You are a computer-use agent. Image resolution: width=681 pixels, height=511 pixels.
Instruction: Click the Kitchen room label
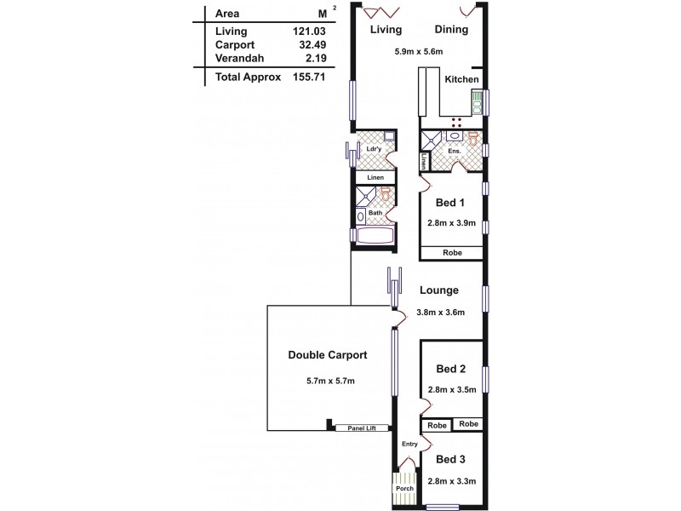pos(461,80)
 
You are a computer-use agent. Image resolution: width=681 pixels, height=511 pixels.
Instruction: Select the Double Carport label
pos(327,355)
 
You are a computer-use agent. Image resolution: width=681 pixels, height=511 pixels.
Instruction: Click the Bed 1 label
pos(449,203)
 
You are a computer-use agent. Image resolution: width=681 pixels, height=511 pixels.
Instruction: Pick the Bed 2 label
pos(450,369)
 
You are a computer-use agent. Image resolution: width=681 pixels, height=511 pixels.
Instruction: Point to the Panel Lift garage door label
pos(362,428)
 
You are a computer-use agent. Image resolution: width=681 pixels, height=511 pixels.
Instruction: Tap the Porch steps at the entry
pos(404,489)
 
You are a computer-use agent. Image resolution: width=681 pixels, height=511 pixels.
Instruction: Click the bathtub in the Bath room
pos(373,236)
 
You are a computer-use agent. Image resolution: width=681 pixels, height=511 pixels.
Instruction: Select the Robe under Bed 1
pos(451,253)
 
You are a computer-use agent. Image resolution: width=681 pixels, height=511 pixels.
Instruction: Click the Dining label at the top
pos(450,30)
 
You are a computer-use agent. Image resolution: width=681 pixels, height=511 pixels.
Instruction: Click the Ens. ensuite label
pos(455,151)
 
